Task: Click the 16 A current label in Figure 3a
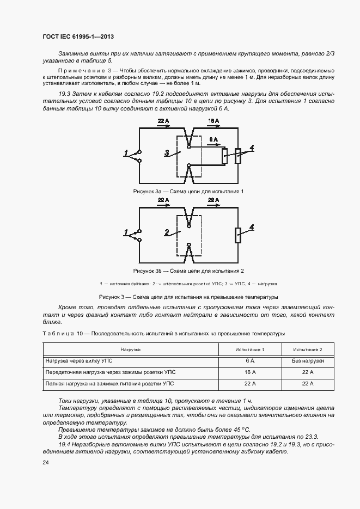pos(213,120)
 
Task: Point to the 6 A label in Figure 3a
pos(213,140)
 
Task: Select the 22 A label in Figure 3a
pos(163,120)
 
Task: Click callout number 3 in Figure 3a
pos(167,154)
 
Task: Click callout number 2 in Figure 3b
pos(167,232)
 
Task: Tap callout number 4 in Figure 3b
pos(252,227)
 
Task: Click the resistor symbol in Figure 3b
pos(237,235)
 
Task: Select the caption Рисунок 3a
pos(188,192)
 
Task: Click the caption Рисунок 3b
pos(188,271)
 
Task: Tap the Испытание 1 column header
pos(250,349)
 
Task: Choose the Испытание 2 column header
pos(308,349)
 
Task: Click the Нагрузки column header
pos(131,349)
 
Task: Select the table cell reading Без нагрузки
pos(308,361)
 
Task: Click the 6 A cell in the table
pos(250,361)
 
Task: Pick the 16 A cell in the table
pos(250,373)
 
